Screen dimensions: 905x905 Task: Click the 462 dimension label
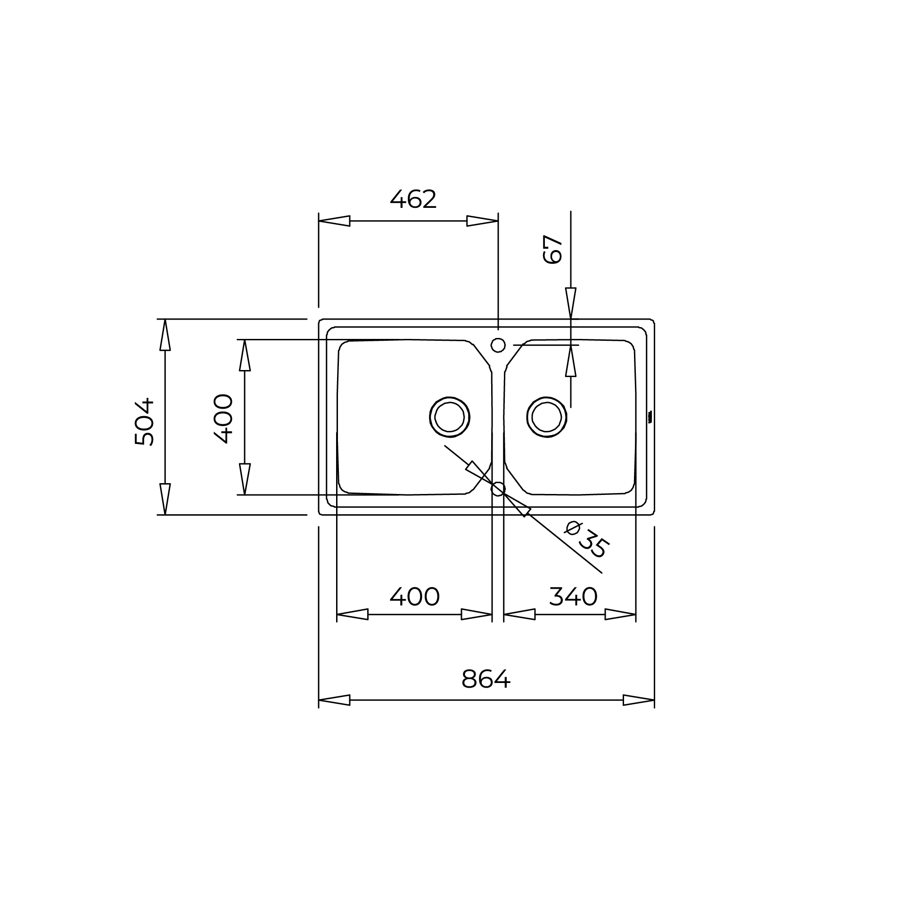pyautogui.click(x=413, y=199)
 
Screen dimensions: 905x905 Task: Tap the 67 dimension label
pyautogui.click(x=553, y=249)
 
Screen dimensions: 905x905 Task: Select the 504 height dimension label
pyautogui.click(x=144, y=422)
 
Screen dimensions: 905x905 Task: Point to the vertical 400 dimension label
pyautogui.click(x=223, y=419)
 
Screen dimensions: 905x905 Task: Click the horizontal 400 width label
pyautogui.click(x=415, y=597)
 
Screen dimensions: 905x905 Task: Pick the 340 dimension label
pyautogui.click(x=573, y=597)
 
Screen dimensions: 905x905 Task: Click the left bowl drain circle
pyautogui.click(x=450, y=417)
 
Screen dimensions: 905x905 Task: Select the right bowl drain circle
pyautogui.click(x=547, y=417)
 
